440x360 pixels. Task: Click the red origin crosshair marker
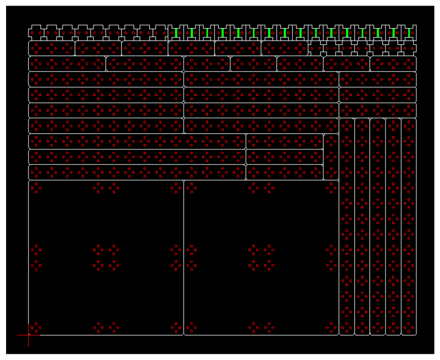pos(29,335)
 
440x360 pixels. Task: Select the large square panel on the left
pos(106,224)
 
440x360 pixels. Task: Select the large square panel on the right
pos(261,224)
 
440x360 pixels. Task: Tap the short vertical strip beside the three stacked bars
pos(331,157)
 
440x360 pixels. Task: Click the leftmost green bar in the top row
pos(176,33)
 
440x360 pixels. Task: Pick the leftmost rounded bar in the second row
pos(52,48)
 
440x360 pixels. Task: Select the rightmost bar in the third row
pos(393,64)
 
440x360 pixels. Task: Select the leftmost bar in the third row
pos(67,64)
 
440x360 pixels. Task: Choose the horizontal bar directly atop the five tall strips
pos(378,110)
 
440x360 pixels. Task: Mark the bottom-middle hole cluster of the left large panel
pos(106,327)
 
